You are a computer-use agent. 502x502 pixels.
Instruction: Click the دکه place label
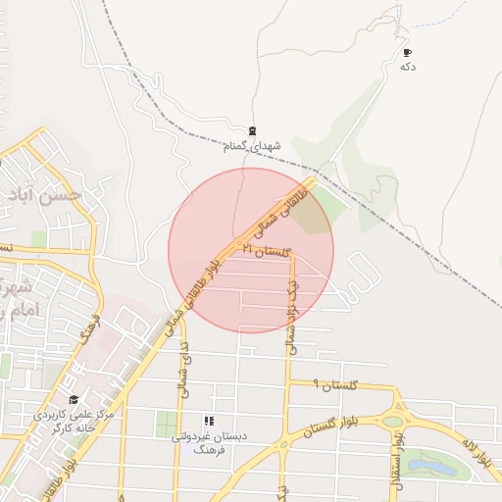click(408, 67)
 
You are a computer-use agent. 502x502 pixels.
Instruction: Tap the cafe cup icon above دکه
click(408, 52)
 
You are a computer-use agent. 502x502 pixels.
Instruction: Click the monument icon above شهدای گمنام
click(253, 131)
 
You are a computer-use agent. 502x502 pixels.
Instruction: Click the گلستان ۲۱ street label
click(268, 252)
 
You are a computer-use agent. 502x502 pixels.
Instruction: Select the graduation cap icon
click(74, 399)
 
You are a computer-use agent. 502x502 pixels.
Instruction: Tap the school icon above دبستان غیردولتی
click(207, 421)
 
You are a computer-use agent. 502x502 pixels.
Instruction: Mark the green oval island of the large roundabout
click(393, 421)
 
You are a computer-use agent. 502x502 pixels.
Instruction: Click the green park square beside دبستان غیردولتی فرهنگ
click(167, 425)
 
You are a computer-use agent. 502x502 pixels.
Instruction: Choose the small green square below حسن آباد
click(39, 239)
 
